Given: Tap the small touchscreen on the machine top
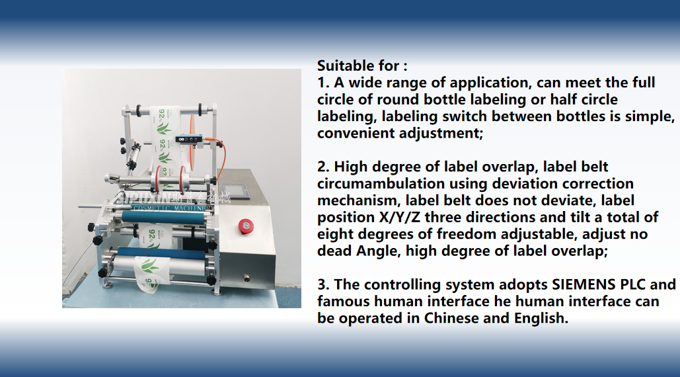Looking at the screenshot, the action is tap(235, 191).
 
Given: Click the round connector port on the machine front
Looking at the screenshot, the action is tap(246, 278).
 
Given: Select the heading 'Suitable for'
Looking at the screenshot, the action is tap(358, 66).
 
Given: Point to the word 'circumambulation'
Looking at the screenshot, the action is tap(381, 183).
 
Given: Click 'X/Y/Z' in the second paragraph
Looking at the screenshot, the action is tap(399, 217).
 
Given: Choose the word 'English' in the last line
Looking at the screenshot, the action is tap(541, 318).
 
